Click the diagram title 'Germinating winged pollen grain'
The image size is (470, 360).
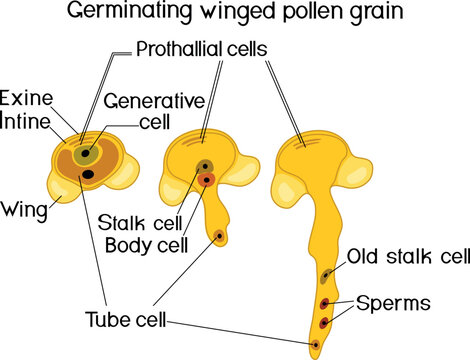tap(235, 15)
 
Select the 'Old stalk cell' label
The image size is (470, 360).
tap(408, 257)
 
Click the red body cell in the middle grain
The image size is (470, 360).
tap(205, 180)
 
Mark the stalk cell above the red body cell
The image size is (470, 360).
tap(204, 166)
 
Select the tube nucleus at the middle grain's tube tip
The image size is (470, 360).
tap(219, 237)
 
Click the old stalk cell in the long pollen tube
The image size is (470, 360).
tap(327, 275)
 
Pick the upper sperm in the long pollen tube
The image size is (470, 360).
tap(325, 303)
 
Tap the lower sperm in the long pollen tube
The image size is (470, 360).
tap(324, 322)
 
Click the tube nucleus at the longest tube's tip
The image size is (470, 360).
tap(316, 345)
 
